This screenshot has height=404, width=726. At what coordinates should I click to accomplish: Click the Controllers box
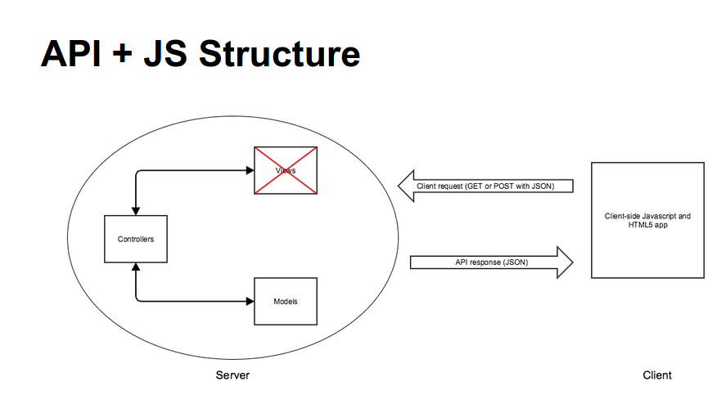(x=136, y=239)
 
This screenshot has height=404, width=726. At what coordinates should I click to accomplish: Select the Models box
(x=286, y=302)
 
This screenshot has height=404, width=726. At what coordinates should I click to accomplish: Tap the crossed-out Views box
(x=286, y=170)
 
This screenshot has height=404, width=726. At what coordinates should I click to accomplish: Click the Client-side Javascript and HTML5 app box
(x=647, y=221)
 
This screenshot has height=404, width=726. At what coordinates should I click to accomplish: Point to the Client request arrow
(x=485, y=186)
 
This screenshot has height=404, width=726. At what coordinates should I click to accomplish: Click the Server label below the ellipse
(x=232, y=375)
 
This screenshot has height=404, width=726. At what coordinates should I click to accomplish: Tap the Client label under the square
(x=657, y=375)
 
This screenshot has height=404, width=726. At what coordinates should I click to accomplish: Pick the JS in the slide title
(x=168, y=54)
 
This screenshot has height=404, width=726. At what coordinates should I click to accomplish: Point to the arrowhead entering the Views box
(x=250, y=171)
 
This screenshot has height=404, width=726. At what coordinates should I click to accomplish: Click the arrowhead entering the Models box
(x=250, y=302)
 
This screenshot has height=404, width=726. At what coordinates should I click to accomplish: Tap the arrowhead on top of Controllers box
(x=136, y=210)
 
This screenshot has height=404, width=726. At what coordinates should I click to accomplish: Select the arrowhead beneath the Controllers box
(x=136, y=268)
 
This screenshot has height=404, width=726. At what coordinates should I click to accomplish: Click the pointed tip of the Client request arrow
(x=400, y=186)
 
